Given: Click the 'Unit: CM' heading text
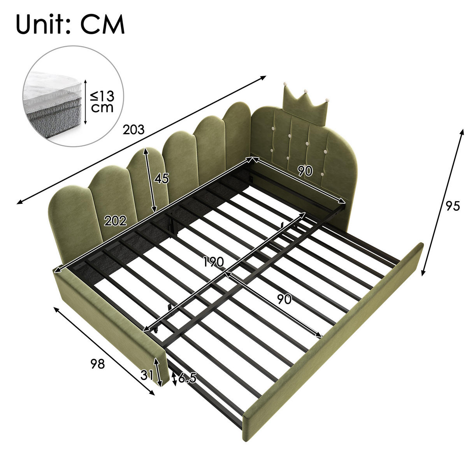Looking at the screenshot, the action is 70,25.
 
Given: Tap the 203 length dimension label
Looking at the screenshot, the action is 133,130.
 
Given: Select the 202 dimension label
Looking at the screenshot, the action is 115,221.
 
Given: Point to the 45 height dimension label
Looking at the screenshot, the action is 162,179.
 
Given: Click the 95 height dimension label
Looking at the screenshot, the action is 453,206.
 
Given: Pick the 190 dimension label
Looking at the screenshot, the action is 213,262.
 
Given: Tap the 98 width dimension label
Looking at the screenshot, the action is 98,364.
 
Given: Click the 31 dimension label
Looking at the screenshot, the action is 147,375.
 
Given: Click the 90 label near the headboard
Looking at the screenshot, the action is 305,171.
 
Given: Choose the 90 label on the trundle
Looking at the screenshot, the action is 284,299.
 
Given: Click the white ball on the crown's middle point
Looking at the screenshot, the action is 305,91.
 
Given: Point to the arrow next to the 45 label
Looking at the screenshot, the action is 150,180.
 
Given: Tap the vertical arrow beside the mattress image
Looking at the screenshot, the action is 85,103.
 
